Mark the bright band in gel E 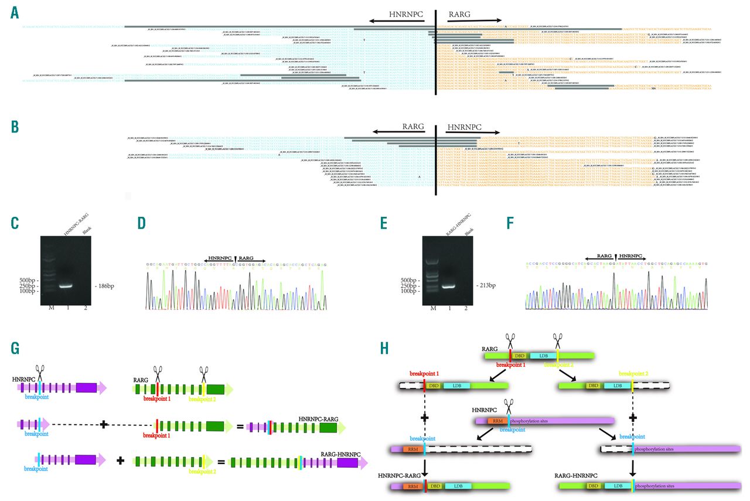(x=450, y=287)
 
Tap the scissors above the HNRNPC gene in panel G (x=40, y=372)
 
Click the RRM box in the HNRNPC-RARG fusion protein (x=412, y=486)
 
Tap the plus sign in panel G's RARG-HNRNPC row (x=121, y=461)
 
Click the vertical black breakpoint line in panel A (x=436, y=53)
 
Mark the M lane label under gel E (x=433, y=308)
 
